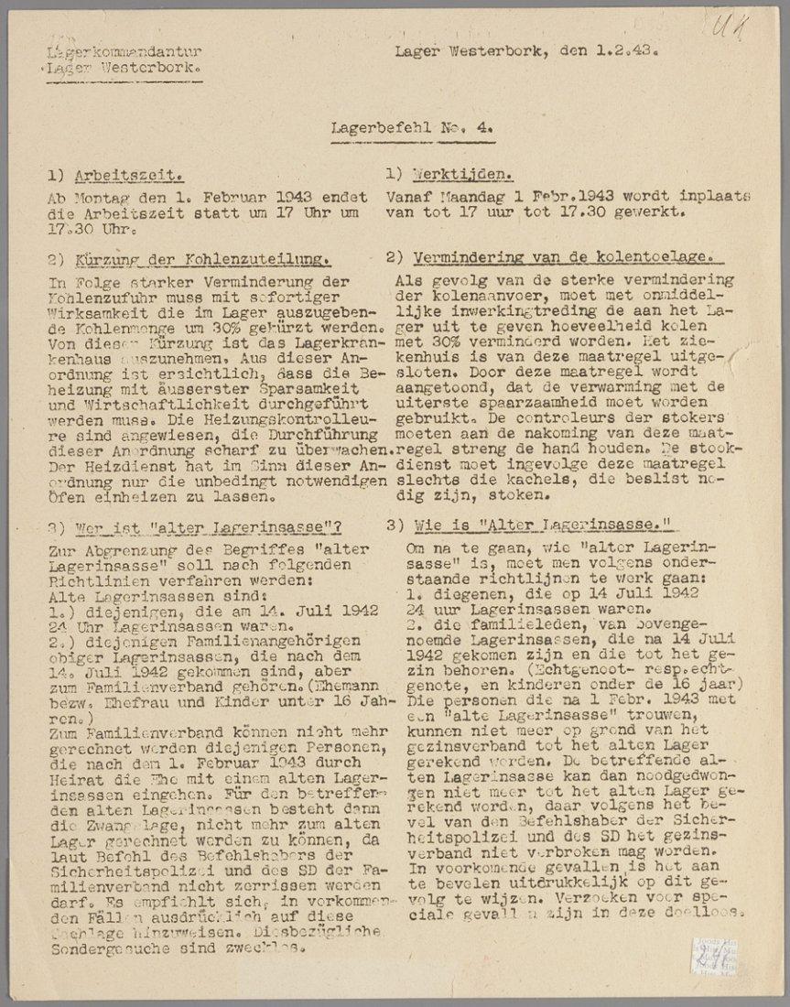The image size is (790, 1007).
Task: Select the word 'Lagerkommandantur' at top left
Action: pos(124,52)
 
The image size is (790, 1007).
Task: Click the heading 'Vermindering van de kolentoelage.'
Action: pos(563,258)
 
